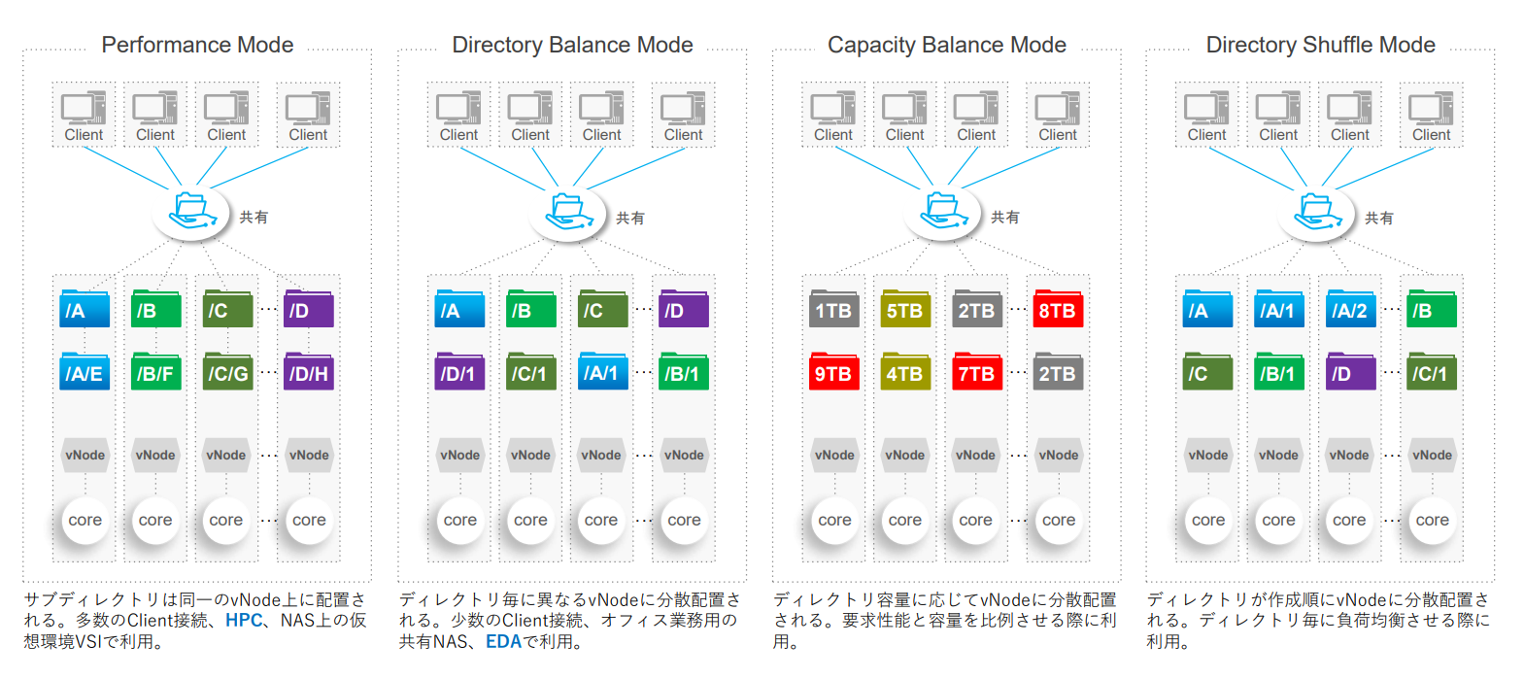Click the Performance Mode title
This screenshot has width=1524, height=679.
coord(197,45)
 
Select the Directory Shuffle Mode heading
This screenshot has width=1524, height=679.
coord(1320,45)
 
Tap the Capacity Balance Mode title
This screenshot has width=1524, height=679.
coord(946,45)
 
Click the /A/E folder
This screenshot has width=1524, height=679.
coord(85,372)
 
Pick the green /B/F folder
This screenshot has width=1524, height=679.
coord(155,372)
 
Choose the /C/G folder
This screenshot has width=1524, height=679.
coord(227,372)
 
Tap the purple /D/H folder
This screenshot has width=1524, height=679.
coord(309,372)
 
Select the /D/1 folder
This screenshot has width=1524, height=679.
coord(459,372)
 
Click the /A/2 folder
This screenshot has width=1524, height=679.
coord(1350,310)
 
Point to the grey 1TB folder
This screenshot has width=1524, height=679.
coord(833,310)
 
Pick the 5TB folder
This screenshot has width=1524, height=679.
coord(905,310)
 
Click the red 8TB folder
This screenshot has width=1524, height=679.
coord(1058,310)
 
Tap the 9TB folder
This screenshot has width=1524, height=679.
coord(833,372)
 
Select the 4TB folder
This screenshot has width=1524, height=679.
coord(905,372)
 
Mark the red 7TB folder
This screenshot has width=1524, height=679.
coord(976,372)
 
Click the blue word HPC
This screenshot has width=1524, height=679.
coord(244,620)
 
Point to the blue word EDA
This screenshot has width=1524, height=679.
coord(503,641)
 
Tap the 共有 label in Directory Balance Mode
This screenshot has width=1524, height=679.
coord(630,219)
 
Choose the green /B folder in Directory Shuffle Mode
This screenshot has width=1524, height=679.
coord(1432,310)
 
